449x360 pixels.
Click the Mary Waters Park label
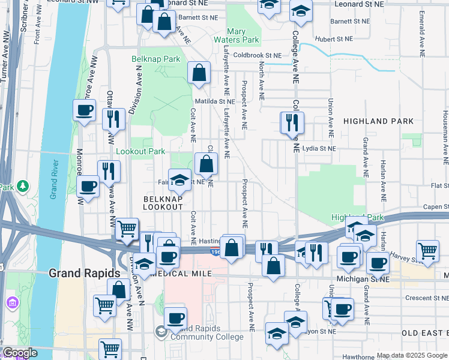(244, 35)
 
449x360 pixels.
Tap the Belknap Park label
(156, 59)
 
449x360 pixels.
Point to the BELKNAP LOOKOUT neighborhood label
(163, 202)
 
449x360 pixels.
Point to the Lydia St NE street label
(319, 148)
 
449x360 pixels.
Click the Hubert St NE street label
(335, 38)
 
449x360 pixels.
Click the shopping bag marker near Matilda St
(199, 73)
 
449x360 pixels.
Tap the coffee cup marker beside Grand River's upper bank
(84, 110)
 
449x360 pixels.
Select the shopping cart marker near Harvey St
(427, 251)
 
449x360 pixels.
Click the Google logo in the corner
(20, 353)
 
